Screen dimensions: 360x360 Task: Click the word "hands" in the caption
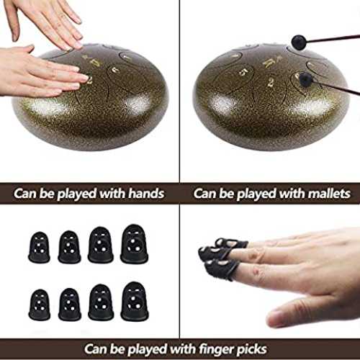[146, 194]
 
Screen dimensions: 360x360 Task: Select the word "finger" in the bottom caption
[217, 349]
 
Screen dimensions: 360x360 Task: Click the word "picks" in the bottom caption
[251, 349]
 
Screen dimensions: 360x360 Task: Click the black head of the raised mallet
[299, 42]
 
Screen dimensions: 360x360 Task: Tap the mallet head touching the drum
[305, 78]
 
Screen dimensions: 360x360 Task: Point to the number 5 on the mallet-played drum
[243, 72]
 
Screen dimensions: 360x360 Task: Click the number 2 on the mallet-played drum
[271, 82]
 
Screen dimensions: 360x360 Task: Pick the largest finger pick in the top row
[134, 243]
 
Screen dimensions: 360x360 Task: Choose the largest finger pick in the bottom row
[135, 301]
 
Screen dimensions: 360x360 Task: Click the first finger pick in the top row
[39, 247]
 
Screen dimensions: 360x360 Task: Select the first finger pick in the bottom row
[40, 305]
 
